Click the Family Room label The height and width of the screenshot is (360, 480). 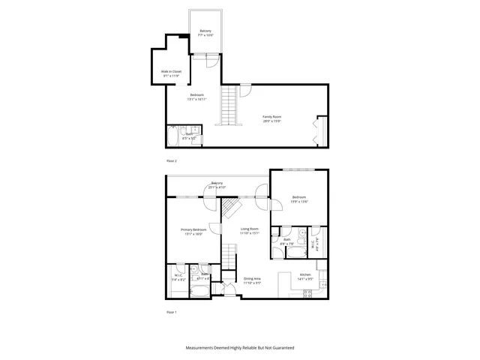point(271,118)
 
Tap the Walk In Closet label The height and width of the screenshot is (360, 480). point(171,73)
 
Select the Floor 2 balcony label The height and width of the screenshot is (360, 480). point(206,33)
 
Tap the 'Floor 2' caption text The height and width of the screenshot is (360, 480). point(172,160)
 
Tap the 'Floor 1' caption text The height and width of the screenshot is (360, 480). point(172,310)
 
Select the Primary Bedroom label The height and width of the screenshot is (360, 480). point(193,232)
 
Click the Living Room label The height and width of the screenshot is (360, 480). point(250,231)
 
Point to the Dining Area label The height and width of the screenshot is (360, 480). point(252,280)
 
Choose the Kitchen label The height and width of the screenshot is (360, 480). point(305,277)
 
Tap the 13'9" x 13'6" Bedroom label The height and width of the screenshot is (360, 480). point(299,199)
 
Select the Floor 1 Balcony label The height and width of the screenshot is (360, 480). point(217,184)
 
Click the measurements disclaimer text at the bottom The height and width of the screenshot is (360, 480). point(240,348)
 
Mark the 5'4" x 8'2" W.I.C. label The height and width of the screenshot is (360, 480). point(178,277)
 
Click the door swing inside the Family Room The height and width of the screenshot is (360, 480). point(244,91)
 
